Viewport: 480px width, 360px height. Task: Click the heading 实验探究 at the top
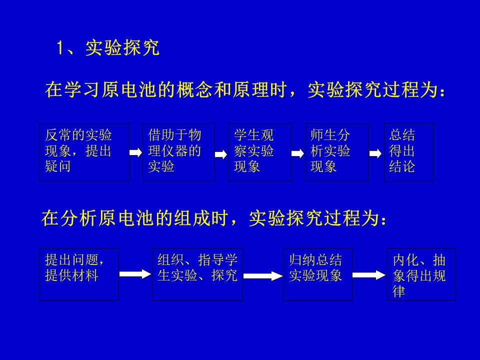click(122, 48)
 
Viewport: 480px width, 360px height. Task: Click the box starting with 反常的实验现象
click(84, 152)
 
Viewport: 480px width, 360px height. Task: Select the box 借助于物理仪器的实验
click(178, 152)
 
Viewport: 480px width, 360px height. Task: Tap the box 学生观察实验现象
click(260, 152)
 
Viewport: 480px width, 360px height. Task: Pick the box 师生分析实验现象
click(336, 152)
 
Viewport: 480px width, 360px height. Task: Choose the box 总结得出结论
click(408, 152)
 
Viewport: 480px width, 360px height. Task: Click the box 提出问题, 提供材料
click(79, 274)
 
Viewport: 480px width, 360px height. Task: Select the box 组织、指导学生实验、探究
click(197, 274)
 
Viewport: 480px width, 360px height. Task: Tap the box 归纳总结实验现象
click(318, 274)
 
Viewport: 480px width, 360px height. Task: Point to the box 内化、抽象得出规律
click(421, 274)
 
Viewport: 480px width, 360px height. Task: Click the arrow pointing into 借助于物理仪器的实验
click(135, 152)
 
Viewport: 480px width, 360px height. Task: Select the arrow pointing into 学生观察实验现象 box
click(221, 154)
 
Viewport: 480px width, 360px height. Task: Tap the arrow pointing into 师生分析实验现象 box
click(297, 153)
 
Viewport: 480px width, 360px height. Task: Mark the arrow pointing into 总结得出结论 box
click(375, 153)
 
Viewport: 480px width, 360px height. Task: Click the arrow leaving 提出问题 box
click(135, 273)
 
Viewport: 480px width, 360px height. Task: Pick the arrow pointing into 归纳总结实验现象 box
click(263, 276)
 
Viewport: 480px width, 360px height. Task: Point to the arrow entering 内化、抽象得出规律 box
click(369, 275)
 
